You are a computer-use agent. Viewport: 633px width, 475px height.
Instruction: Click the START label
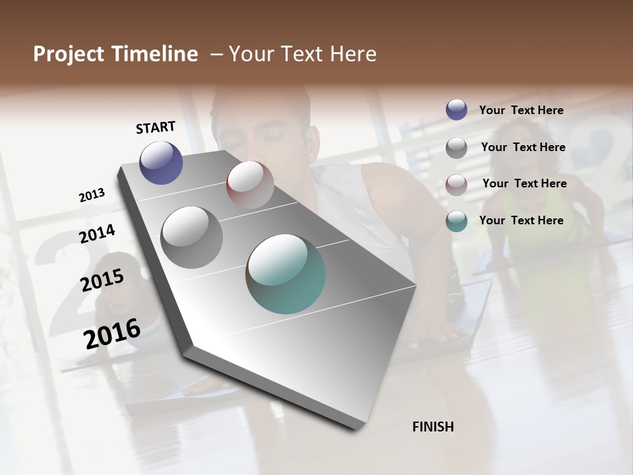156,127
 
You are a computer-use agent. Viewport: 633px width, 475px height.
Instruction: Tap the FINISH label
433,427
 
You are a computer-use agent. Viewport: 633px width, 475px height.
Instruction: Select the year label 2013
92,195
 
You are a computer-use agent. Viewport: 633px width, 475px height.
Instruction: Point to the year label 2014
97,234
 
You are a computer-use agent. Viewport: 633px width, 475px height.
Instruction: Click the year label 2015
102,280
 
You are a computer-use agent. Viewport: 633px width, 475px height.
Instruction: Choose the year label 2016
112,333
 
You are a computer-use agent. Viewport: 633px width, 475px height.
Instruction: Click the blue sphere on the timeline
161,162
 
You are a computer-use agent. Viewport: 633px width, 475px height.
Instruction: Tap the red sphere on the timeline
250,184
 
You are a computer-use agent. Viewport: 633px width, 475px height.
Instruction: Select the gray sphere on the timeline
192,237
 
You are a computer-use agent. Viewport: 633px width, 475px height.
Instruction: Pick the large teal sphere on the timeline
286,274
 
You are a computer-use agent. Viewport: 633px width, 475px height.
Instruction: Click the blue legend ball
456,110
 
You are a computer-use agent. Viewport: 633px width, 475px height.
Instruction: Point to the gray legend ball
456,148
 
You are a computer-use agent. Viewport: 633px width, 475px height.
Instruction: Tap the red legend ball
456,184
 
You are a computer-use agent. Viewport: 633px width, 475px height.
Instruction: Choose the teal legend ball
456,221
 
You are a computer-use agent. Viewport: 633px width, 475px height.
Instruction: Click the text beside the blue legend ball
521,110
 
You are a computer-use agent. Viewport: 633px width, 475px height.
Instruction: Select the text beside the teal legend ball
521,220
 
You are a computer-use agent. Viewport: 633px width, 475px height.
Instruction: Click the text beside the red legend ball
524,183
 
